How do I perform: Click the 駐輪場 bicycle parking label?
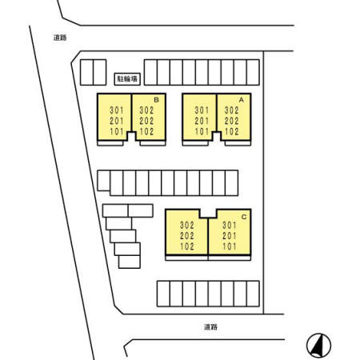pos(127,79)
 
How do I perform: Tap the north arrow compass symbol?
pos(318,346)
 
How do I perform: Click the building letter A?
pos(242,100)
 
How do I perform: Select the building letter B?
pos(157,100)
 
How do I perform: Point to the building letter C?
pos(244,217)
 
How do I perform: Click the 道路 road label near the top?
pos(60,38)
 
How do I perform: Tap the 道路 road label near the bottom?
pos(210,326)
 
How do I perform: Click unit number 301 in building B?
pos(117,110)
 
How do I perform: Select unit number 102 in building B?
pos(146,131)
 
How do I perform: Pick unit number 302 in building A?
pos(231,110)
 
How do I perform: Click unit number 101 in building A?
pos(202,131)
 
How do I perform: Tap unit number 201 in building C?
pos(230,236)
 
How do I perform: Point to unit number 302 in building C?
pos(187,226)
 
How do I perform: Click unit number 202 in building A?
pos(231,121)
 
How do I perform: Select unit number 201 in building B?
pos(117,121)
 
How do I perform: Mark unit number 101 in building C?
pos(230,246)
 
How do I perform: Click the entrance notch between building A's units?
pos(217,136)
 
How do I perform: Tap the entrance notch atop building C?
pos(208,214)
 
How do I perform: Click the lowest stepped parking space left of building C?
pos(130,262)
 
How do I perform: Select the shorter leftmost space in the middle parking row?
pos(104,181)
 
